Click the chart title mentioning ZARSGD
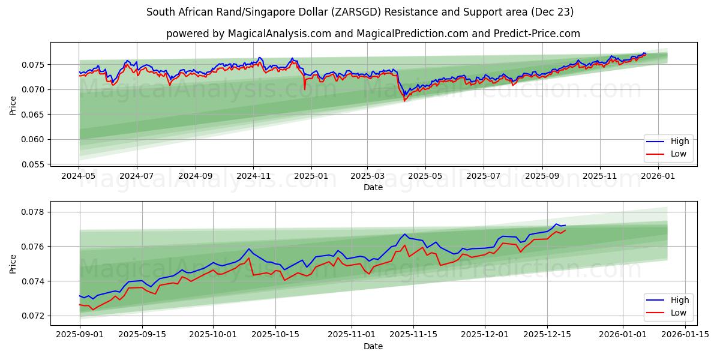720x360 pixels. click(360, 12)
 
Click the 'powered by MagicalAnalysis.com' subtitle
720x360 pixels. click(373, 34)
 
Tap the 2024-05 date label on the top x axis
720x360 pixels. click(79, 177)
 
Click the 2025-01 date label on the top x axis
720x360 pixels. click(311, 177)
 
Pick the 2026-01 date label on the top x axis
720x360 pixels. click(658, 177)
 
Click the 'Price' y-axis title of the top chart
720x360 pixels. click(13, 105)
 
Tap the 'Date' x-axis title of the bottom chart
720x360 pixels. click(373, 346)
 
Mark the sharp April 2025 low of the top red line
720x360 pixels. click(404, 101)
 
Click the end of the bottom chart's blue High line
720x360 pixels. click(565, 226)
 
